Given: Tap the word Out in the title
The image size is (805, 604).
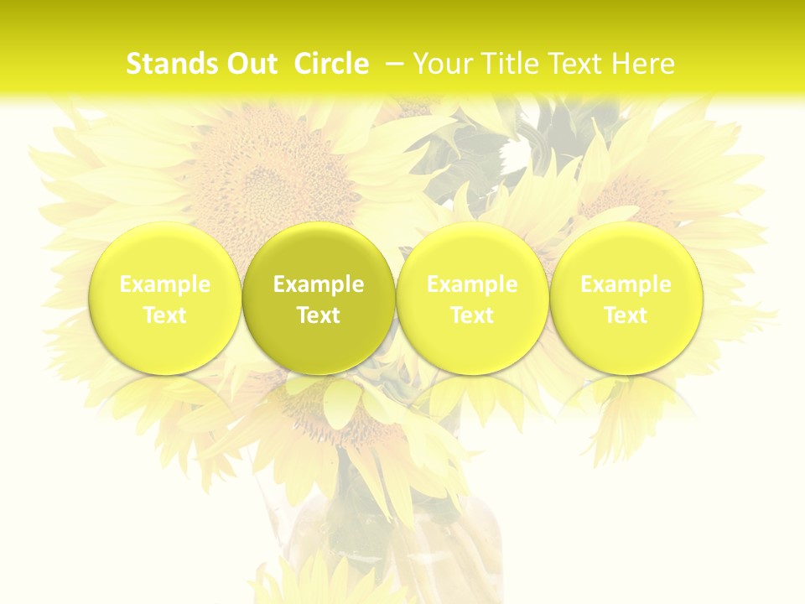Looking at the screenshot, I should [249, 64].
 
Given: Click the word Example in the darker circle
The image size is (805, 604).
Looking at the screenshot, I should [319, 284].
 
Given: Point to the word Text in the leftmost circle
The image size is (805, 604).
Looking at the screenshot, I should [165, 315].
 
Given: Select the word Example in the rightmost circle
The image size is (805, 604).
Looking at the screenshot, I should [626, 284].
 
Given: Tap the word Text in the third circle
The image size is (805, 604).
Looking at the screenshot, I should [472, 315].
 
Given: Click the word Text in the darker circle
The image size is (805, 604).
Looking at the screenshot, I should [319, 315].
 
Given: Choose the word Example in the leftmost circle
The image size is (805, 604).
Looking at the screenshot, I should [165, 284].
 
